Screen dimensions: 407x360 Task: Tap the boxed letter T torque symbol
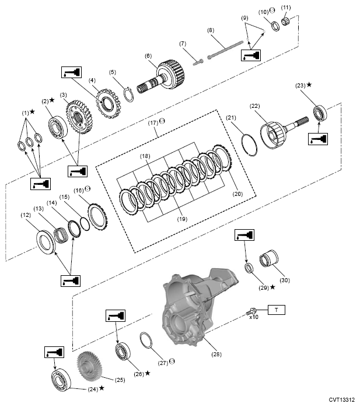[277, 310]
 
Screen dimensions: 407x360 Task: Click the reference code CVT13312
[341, 399]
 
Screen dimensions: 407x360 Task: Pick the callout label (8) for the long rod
[211, 30]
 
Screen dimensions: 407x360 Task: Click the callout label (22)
[254, 106]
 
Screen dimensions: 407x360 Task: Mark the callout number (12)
[26, 215]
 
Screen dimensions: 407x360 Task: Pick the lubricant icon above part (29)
[244, 235]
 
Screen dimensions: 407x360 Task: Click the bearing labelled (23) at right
[320, 113]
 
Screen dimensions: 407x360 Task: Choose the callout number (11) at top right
[286, 8]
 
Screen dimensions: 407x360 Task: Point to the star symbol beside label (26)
[147, 373]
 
